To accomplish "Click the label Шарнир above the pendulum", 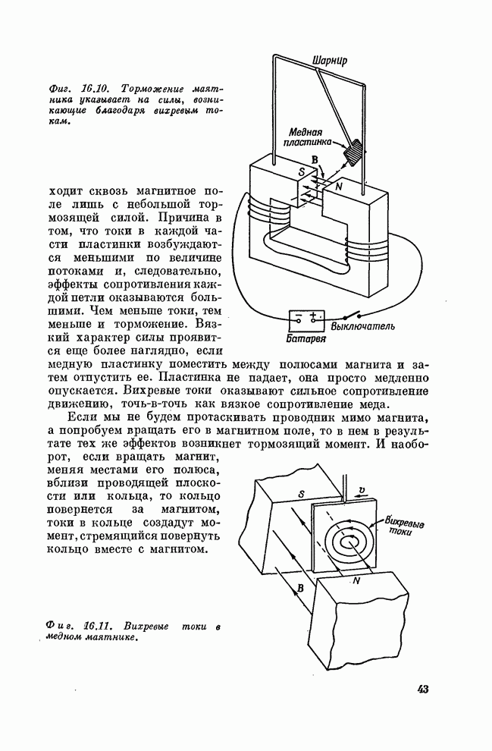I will pos(330,60).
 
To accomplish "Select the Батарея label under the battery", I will pos(306,339).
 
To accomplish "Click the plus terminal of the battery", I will pos(312,316).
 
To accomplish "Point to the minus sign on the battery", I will pos(299,316).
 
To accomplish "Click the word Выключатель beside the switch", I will pos(365,327).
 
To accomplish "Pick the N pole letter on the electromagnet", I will pos(337,186).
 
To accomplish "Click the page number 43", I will pos(422,689).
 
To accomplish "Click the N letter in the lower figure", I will pos(356,581).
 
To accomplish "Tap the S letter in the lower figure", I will pos(302,495).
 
